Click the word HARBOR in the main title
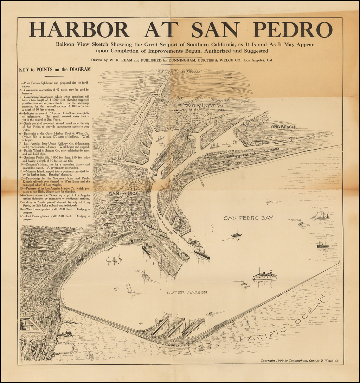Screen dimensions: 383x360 click(x=79, y=30)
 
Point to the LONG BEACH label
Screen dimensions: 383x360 click(x=282, y=127)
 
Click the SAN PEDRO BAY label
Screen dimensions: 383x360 click(x=248, y=218)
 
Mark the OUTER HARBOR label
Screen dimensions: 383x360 click(x=187, y=292)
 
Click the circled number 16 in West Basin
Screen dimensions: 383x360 click(x=161, y=143)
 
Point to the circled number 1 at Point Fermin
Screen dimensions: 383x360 click(x=23, y=336)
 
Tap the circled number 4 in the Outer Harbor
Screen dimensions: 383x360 click(x=116, y=288)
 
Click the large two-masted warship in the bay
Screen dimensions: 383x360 click(x=265, y=275)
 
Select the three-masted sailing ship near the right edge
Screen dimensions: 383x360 click(x=320, y=215)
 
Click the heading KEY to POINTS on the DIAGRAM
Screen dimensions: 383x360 click(x=55, y=70)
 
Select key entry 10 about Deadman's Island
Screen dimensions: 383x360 click(x=55, y=166)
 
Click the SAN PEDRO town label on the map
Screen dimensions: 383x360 click(x=122, y=194)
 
